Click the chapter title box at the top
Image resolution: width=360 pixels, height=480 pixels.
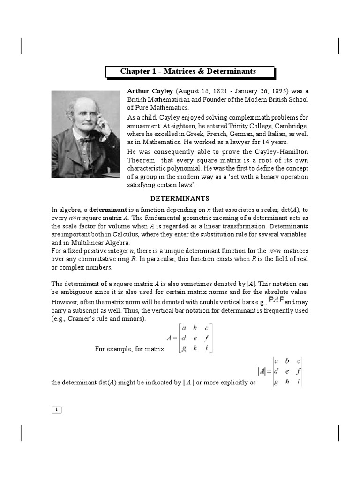pyautogui.click(x=188, y=72)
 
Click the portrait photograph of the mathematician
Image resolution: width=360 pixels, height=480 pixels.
pyautogui.click(x=85, y=134)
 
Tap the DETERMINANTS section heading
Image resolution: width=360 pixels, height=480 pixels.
pyautogui.click(x=180, y=198)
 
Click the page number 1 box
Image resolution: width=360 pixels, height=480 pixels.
pyautogui.click(x=56, y=410)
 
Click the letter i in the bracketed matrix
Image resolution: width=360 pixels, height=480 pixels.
pyautogui.click(x=207, y=348)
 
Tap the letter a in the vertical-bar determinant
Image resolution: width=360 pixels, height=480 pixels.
pyautogui.click(x=276, y=361)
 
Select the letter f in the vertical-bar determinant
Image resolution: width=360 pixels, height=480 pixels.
pyautogui.click(x=298, y=371)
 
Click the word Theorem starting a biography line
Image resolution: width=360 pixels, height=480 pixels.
pyautogui.click(x=142, y=160)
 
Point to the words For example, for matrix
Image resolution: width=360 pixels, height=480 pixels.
pyautogui.click(x=129, y=349)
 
